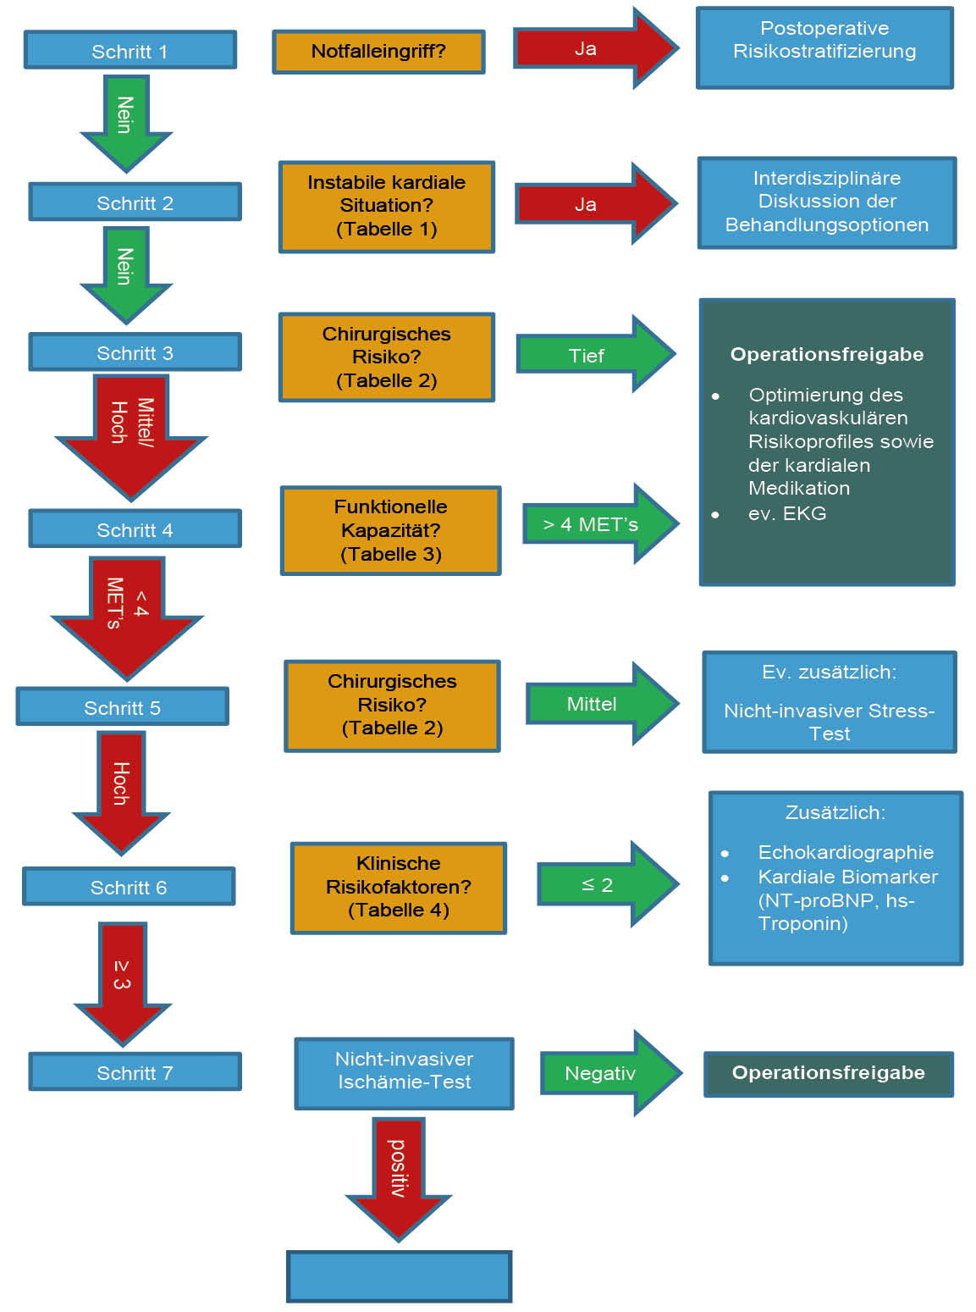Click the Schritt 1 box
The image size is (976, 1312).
[130, 51]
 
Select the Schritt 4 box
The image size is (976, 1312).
[135, 529]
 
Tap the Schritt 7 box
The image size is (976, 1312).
[135, 1072]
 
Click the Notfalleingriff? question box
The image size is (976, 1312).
[378, 52]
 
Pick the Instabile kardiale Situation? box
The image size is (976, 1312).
[387, 206]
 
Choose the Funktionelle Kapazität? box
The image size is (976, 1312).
[391, 530]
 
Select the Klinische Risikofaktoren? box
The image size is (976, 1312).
[399, 887]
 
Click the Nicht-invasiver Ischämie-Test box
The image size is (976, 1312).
[404, 1071]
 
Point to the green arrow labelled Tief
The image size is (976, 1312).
[593, 355]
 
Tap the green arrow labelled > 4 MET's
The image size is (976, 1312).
[597, 524]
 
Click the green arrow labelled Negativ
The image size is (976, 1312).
[605, 1073]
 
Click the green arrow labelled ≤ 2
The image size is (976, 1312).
[603, 885]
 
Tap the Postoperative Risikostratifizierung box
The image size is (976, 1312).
[824, 47]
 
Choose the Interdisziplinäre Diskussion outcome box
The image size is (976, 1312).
[826, 202]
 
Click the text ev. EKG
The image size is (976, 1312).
[786, 513]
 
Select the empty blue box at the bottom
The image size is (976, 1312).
[400, 1276]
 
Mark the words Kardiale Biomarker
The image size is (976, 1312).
[847, 877]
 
